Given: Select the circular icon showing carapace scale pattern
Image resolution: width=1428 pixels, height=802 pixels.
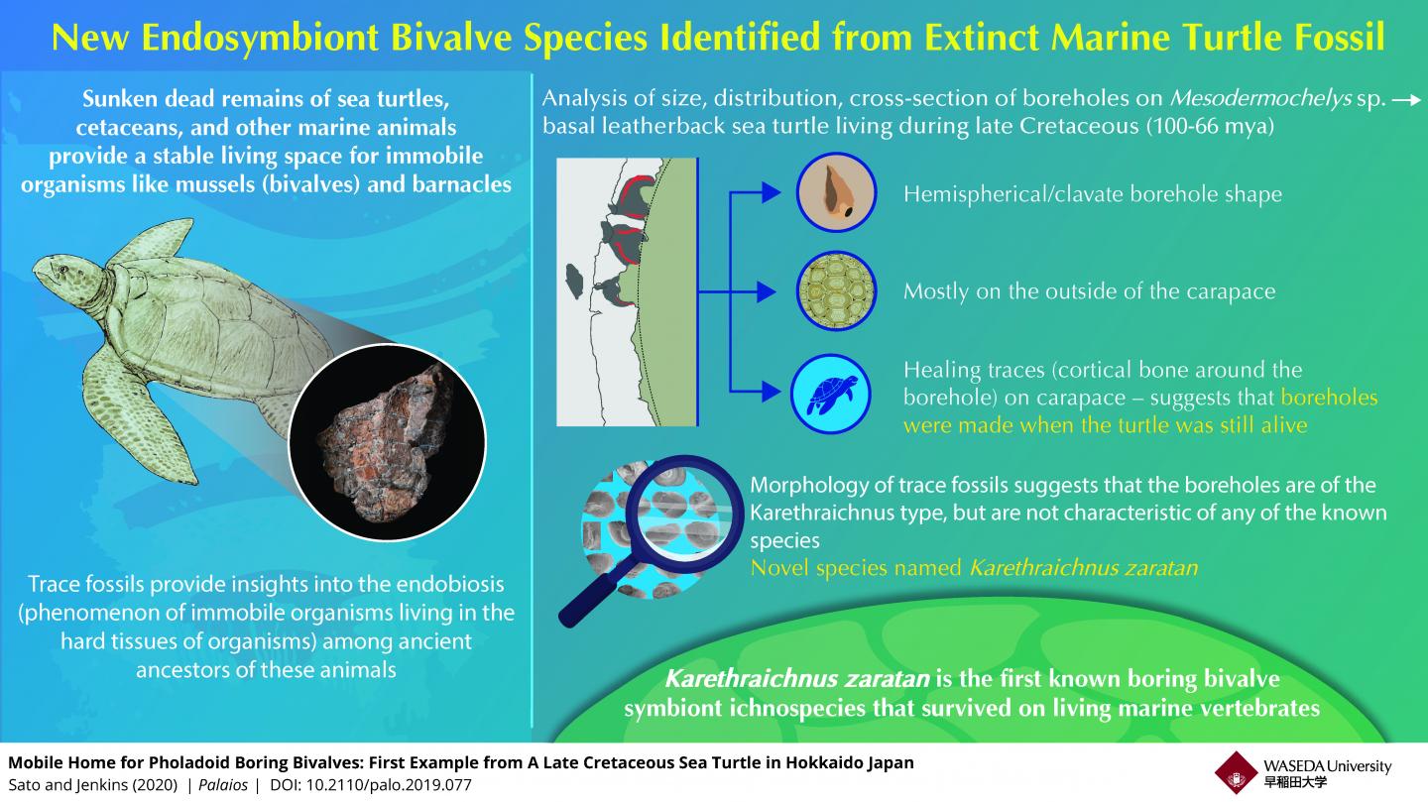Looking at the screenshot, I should click(836, 291).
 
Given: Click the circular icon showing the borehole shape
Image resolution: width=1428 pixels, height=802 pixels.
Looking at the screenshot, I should click(836, 192).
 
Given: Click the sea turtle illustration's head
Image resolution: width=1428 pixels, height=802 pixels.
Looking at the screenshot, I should click(65, 274).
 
